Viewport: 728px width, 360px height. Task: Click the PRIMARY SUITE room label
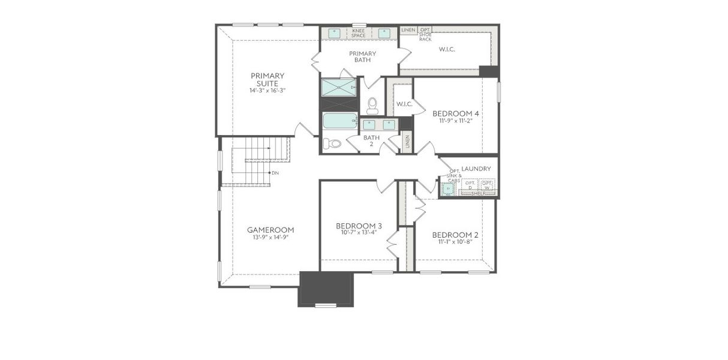tap(267, 79)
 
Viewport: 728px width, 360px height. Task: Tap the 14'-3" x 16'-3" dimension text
tap(267, 91)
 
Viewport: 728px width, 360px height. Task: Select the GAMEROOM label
tap(270, 230)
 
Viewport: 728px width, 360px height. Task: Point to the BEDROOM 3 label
tap(359, 226)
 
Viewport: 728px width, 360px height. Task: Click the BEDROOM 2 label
tap(455, 235)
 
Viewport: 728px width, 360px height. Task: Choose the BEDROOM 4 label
tap(456, 113)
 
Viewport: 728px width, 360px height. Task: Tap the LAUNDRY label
tap(477, 169)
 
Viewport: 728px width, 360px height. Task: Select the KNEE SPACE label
tap(359, 33)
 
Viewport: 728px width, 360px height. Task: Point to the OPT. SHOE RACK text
tap(425, 34)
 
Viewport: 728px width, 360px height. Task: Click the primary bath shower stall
tap(338, 88)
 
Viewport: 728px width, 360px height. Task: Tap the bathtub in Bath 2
tap(339, 121)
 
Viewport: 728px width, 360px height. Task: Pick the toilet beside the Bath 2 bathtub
tap(332, 143)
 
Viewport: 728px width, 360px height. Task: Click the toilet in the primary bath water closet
tap(372, 106)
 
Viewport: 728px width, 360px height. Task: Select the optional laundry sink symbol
tap(448, 188)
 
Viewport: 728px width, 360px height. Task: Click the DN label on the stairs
tap(275, 173)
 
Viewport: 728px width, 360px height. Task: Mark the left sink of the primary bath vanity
tap(335, 33)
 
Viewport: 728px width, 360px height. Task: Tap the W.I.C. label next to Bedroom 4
tap(403, 104)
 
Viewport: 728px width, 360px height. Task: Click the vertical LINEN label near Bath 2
tap(408, 142)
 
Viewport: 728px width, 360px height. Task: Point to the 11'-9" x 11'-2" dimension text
tap(456, 121)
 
